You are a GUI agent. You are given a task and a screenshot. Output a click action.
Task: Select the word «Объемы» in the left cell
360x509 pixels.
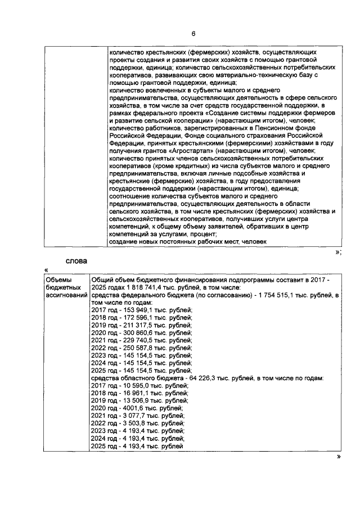coord(58,280)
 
